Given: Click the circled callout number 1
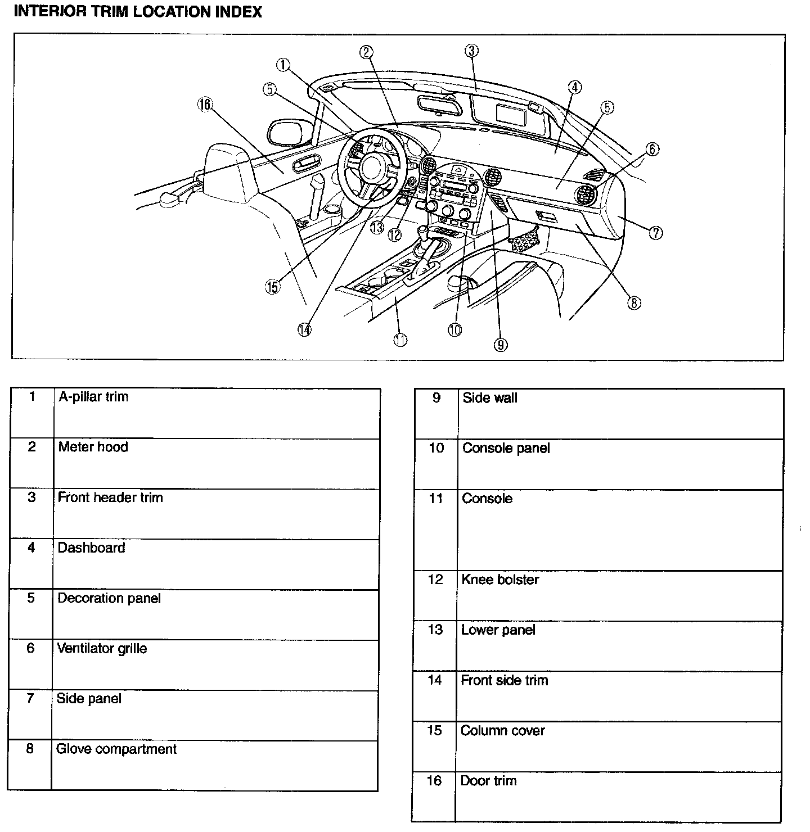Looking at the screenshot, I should pyautogui.click(x=283, y=65).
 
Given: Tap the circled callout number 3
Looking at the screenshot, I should pyautogui.click(x=471, y=51).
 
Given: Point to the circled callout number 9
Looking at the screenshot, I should pyautogui.click(x=500, y=345).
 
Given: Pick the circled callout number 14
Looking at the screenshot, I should pyautogui.click(x=304, y=330).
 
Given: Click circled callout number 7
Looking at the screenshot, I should pyautogui.click(x=655, y=232).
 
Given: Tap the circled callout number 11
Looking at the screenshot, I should pyautogui.click(x=400, y=340).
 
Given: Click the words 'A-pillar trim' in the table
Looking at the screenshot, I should pyautogui.click(x=93, y=397).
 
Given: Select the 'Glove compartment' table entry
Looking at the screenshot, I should pyautogui.click(x=116, y=749).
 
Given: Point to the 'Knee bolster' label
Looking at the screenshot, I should pyautogui.click(x=500, y=580).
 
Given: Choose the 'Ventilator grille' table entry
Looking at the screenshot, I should pyautogui.click(x=102, y=649).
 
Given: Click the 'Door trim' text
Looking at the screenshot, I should pyautogui.click(x=488, y=781).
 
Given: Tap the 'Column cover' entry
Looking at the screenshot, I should pyautogui.click(x=502, y=731).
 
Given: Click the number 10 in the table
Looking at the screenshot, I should pyautogui.click(x=436, y=449).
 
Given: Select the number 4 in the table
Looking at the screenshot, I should pyautogui.click(x=31, y=548).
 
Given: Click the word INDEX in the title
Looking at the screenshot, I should pyautogui.click(x=240, y=12).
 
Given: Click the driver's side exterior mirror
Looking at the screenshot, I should pyautogui.click(x=288, y=132).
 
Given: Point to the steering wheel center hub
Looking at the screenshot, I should pyautogui.click(x=372, y=167).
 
